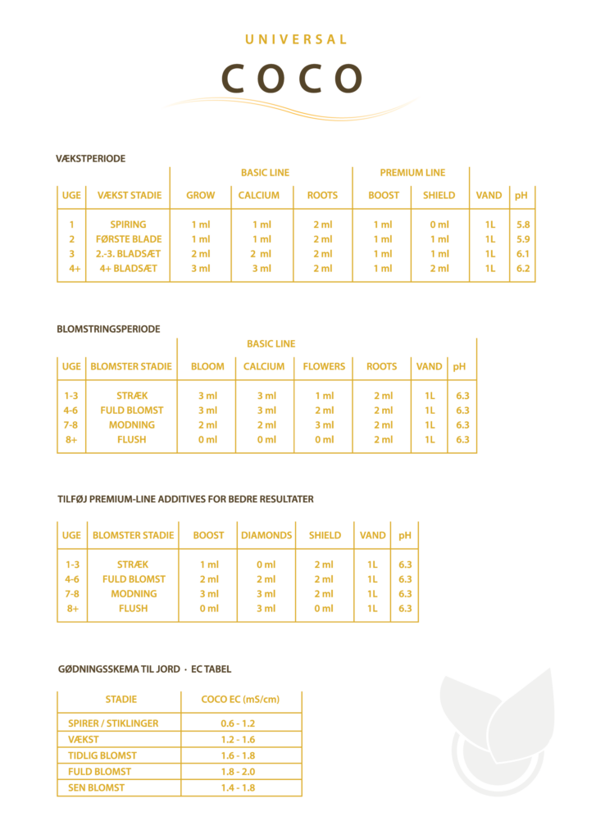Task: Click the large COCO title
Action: coord(292,79)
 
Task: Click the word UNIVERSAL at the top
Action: coord(296,39)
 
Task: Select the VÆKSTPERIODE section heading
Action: coord(91,158)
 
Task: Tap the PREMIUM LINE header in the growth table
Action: coord(412,173)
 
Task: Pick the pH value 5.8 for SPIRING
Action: coord(522,224)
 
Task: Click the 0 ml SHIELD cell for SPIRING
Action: coord(439,224)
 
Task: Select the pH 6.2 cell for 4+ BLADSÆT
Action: coord(522,268)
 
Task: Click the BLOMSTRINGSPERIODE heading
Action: coord(108,329)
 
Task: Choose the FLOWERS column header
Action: coord(325,366)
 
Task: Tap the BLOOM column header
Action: coord(207,366)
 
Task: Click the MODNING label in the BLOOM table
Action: coord(132,425)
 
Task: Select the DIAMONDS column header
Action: coord(266,535)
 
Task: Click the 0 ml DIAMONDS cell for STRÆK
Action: coord(266,565)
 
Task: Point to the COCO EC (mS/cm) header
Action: coord(241,700)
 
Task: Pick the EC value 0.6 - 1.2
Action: coord(239,723)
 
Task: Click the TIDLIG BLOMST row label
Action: coord(102,755)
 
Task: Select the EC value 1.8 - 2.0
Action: coord(239,772)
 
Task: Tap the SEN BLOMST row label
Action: coord(97,787)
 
